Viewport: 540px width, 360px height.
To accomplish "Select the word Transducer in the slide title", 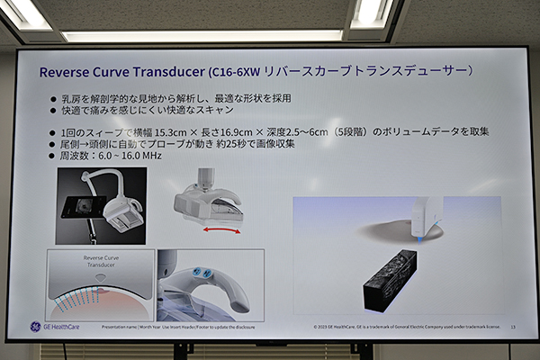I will tap(166, 69).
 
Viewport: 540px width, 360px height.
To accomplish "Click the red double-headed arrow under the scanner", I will tap(220, 231).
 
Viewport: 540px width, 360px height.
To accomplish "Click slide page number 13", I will tap(513, 326).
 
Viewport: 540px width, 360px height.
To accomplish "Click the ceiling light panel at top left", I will tap(24, 13).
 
